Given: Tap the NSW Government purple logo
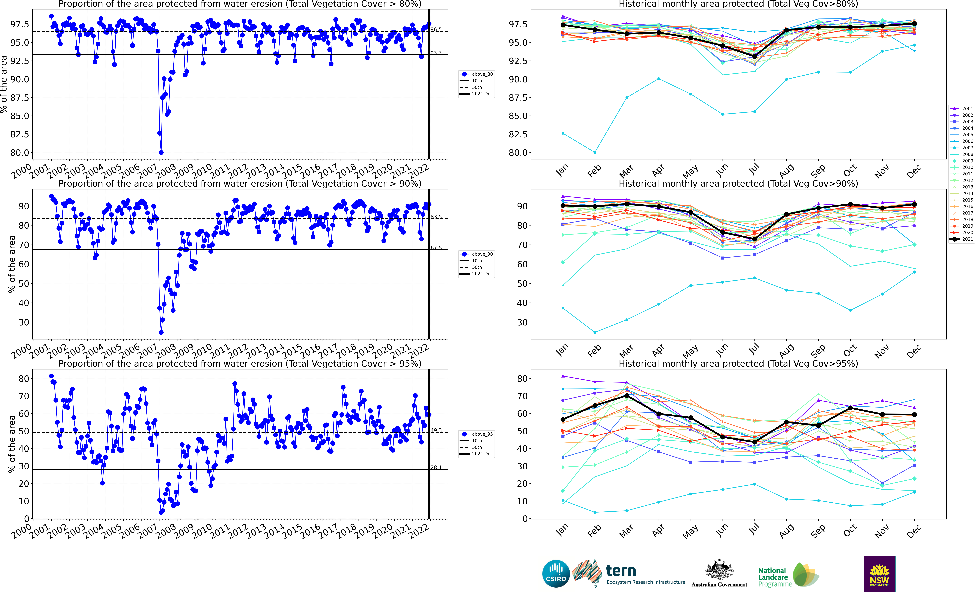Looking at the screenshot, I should point(879,573).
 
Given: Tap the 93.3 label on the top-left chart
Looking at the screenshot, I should point(436,53).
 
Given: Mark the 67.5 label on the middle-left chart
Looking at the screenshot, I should point(436,247).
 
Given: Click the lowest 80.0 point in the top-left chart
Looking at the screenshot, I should point(161,152).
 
